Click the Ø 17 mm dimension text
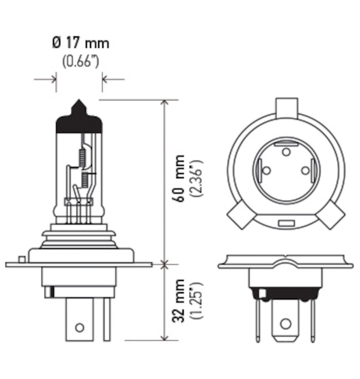tap(80, 43)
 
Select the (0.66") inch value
tap(80, 61)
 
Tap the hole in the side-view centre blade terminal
tap(79, 327)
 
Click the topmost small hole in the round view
tap(286, 152)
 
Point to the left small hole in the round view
tap(267, 170)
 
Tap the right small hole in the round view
tap(305, 170)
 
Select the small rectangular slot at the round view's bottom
tap(286, 222)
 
